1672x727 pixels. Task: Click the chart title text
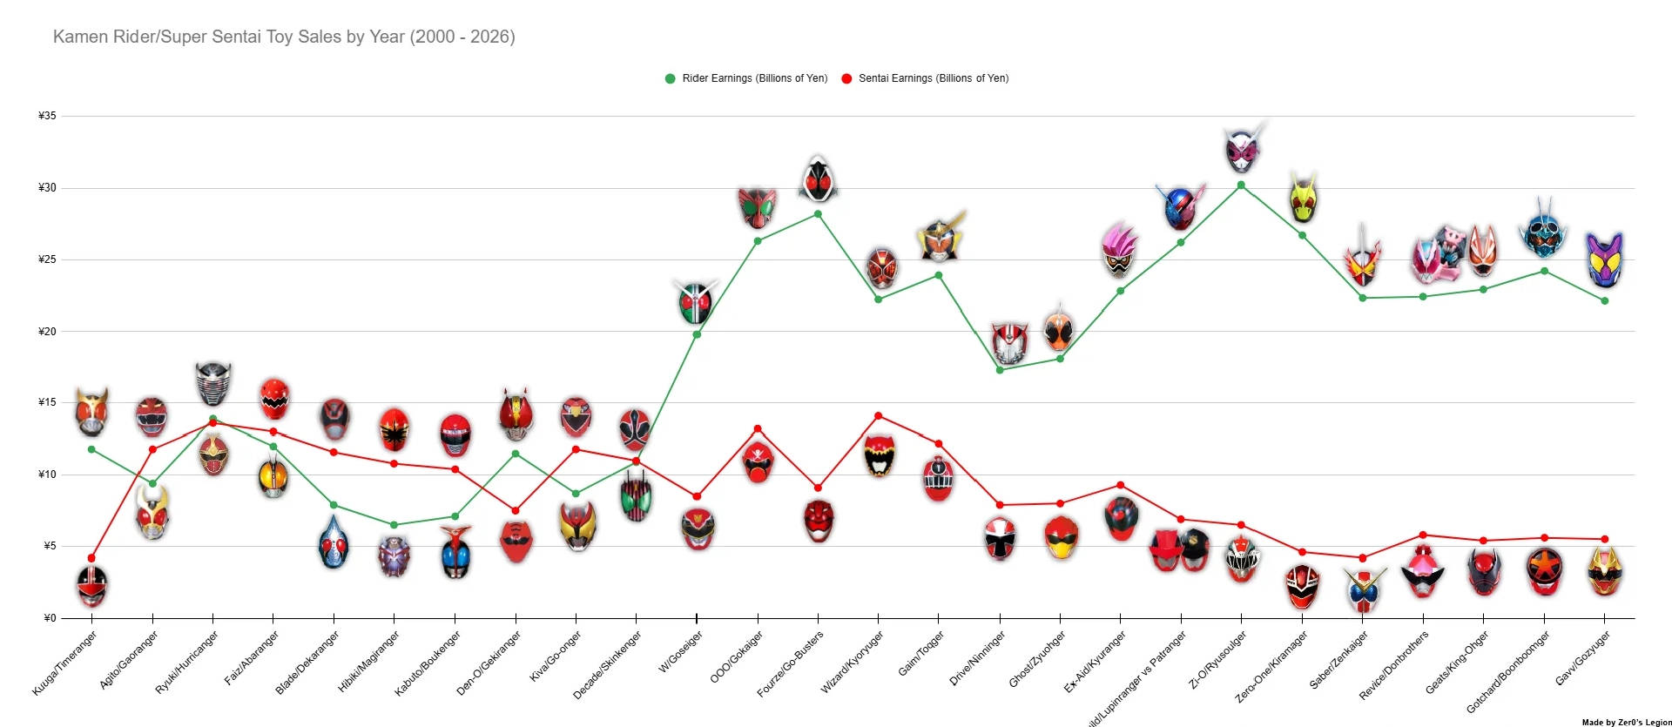284,37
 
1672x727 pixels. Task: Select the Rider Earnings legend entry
746,78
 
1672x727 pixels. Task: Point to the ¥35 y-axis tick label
47,116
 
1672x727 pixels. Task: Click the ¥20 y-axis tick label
47,332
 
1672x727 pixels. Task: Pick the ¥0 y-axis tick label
50,618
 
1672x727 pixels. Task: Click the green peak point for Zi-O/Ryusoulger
1241,185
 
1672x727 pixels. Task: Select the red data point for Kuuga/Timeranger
91,558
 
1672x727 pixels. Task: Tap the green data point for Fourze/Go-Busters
818,214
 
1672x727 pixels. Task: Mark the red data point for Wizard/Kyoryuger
878,416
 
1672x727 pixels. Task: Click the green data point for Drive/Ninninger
1000,370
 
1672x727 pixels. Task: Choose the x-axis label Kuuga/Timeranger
65,663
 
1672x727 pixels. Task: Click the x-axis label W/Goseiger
682,654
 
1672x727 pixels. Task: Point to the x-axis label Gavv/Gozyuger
1582,658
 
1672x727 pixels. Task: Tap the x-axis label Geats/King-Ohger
1457,663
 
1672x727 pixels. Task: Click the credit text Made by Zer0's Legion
1626,722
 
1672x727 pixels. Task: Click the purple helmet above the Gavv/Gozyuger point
1604,259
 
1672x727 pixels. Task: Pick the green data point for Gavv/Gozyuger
1605,301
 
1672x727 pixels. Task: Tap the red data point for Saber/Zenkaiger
1363,558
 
